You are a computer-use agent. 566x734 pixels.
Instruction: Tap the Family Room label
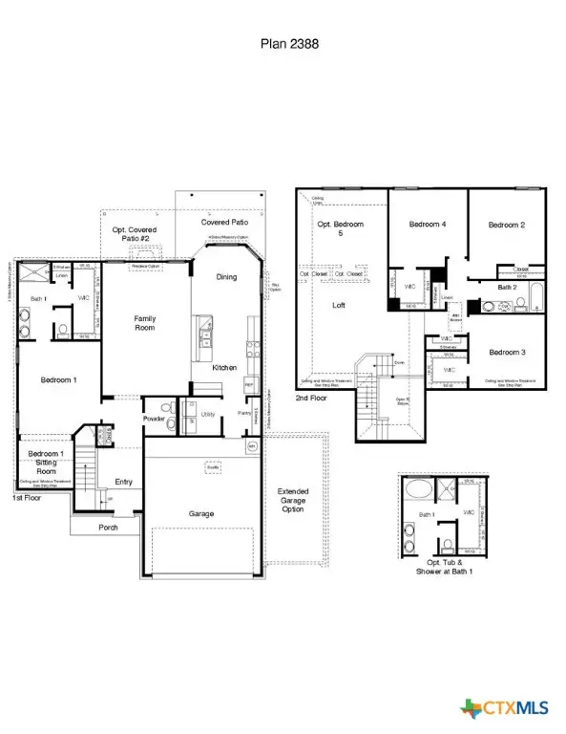(x=144, y=324)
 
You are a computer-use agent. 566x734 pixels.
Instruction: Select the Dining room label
(x=226, y=277)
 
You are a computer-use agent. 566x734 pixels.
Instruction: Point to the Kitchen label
(x=224, y=367)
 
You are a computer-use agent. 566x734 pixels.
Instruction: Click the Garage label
(x=200, y=513)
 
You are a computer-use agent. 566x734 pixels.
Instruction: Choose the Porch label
(x=107, y=527)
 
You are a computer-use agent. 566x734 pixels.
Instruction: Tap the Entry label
(x=123, y=482)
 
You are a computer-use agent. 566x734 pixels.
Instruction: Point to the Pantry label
(x=245, y=412)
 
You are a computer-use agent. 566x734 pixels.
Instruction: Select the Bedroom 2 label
(x=508, y=225)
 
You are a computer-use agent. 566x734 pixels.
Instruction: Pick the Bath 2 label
(x=507, y=287)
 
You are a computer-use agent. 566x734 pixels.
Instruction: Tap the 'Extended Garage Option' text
(x=293, y=502)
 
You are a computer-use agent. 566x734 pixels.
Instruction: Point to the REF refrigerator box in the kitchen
(x=249, y=386)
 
